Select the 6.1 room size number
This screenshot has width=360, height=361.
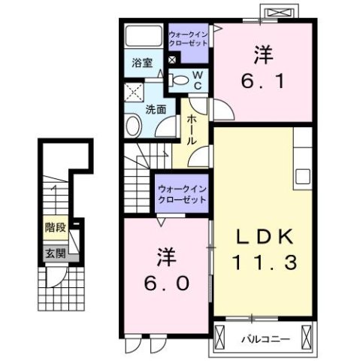(x=262, y=80)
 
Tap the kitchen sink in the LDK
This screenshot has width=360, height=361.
(x=304, y=176)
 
